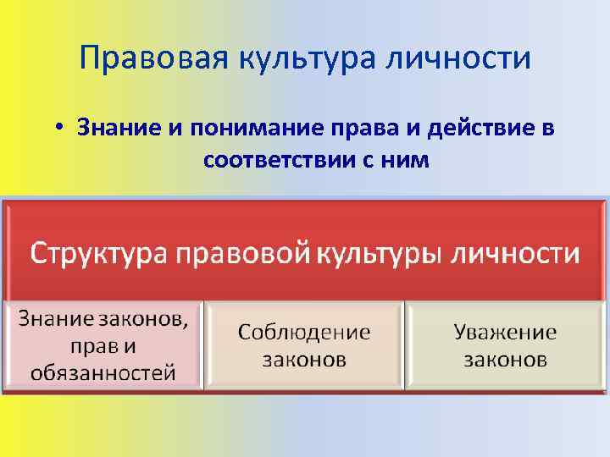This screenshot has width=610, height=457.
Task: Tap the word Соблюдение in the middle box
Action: point(304,332)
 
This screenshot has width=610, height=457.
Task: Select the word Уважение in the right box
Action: point(505,332)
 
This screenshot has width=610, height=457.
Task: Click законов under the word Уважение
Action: point(505,360)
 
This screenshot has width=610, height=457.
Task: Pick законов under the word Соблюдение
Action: point(304,360)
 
